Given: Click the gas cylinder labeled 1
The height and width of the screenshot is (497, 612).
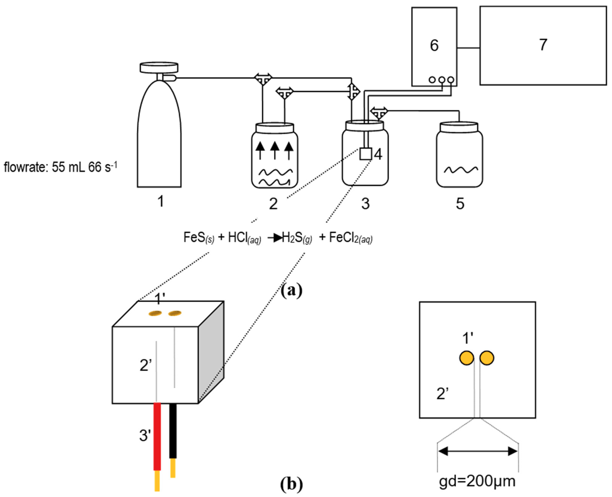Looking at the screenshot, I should tap(159, 137).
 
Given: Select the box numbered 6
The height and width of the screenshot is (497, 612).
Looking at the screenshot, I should tap(434, 46).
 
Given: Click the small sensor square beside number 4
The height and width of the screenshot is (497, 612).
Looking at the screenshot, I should tap(365, 154).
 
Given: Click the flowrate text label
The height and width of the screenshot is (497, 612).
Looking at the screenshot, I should tap(60, 167).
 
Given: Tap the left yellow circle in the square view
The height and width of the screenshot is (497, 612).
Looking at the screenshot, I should tap(467, 358).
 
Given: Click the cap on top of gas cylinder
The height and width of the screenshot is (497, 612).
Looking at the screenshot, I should tap(159, 68).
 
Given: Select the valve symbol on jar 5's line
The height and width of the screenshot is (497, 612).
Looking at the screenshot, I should tap(379, 112).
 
